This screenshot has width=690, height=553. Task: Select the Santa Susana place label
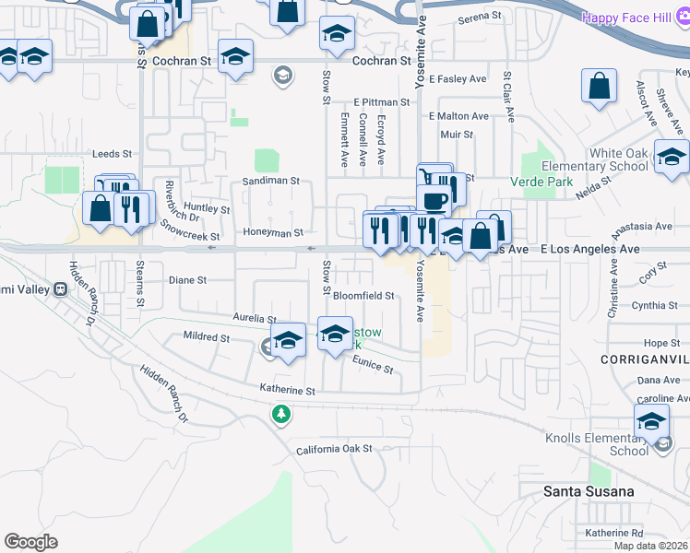pyautogui.click(x=589, y=491)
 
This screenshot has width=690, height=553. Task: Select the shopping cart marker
pyautogui.click(x=427, y=177)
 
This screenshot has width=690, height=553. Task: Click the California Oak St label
pyautogui.click(x=333, y=449)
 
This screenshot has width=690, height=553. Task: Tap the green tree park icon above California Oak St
pyautogui.click(x=281, y=415)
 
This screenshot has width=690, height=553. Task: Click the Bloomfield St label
pyautogui.click(x=363, y=296)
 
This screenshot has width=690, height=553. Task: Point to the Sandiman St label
pyautogui.click(x=271, y=181)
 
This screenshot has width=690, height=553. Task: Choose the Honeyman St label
pyautogui.click(x=273, y=233)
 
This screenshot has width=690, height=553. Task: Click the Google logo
pyautogui.click(x=30, y=542)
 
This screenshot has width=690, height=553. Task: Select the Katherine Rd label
pyautogui.click(x=613, y=533)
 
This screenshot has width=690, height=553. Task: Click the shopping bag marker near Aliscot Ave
pyautogui.click(x=599, y=87)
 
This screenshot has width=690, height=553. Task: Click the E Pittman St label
pyautogui.click(x=381, y=102)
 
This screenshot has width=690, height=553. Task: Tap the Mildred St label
pyautogui.click(x=207, y=337)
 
